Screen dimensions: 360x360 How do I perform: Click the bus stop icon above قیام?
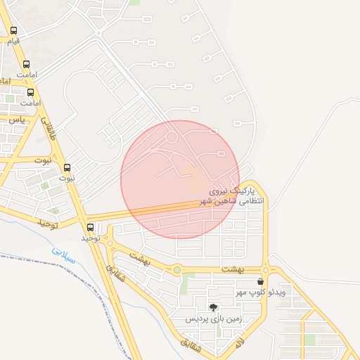[14, 31]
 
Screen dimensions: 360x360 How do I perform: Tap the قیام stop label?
[13, 41]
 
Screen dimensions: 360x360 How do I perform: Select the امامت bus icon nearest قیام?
[27, 65]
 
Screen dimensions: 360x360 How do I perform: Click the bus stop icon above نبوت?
[67, 168]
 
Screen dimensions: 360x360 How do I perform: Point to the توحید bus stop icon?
[90, 227]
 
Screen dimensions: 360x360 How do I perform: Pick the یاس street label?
[15, 120]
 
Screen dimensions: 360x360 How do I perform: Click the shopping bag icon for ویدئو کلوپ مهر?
[260, 281]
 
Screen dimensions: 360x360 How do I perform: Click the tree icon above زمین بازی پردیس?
[214, 307]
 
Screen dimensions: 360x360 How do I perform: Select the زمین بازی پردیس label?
[214, 319]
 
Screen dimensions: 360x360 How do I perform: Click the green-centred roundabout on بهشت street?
[177, 269]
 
